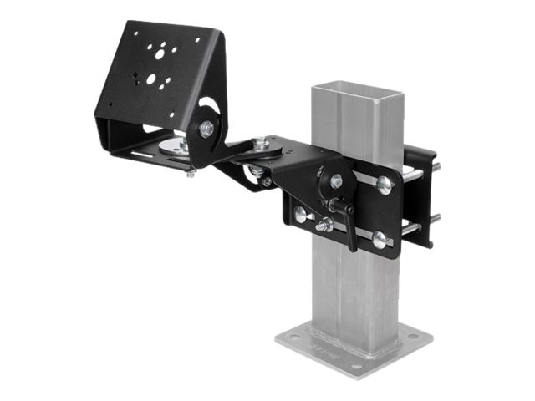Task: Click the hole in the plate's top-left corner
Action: tap(132, 33)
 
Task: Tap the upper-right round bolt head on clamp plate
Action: tap(384, 185)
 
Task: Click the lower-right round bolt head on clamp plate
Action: tap(380, 241)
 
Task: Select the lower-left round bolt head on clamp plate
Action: tap(299, 215)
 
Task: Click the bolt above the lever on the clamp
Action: tap(335, 180)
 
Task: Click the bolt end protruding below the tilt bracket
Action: tap(191, 173)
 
